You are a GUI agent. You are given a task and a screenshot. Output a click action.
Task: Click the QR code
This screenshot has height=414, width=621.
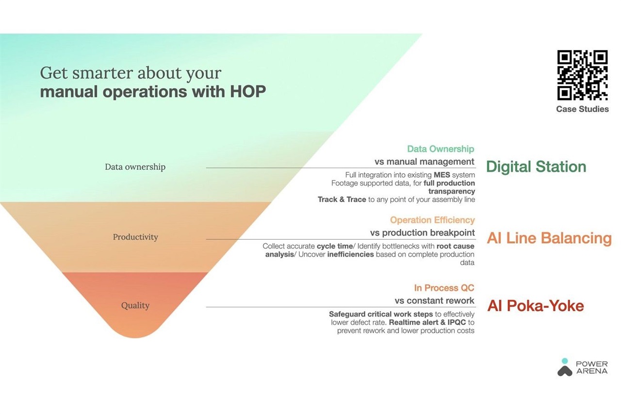pos(583,75)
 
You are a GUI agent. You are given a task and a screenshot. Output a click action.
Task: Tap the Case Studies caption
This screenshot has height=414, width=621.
pos(583,109)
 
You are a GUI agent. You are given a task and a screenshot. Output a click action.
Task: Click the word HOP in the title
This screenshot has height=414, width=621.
pos(248,92)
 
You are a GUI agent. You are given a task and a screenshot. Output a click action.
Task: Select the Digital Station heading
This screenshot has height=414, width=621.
pos(536,166)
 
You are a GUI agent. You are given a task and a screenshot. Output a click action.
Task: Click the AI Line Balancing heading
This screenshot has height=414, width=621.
pos(549,238)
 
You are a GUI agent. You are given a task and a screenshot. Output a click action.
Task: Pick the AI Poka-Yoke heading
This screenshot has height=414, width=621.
pos(536,306)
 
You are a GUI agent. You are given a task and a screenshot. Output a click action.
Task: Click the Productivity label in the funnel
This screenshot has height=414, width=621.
pos(135,237)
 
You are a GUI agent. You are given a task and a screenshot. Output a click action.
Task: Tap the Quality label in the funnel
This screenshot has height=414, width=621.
pos(135,305)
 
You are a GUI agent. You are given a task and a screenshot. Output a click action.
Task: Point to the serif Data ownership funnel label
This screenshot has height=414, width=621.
pos(135,166)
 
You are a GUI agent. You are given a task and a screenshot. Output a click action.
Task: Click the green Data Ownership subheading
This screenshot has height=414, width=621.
pos(441,149)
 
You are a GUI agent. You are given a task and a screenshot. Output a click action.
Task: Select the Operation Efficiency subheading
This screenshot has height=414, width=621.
pos(432,220)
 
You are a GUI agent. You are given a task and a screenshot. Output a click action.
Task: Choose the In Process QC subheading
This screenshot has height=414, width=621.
pos(444,288)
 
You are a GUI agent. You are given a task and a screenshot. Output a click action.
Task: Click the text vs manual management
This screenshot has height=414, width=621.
pos(425,162)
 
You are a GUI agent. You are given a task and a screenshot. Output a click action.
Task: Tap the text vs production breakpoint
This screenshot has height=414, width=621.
pos(422,232)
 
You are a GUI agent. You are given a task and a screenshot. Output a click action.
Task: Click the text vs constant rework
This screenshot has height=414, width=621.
pos(434,300)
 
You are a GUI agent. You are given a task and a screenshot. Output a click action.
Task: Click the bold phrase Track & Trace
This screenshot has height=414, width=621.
pos(342,199)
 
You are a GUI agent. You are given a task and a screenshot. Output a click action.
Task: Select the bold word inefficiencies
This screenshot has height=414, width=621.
pos(350,254)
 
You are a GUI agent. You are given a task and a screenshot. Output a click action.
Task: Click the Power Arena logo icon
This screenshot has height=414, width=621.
pos(565,367)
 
